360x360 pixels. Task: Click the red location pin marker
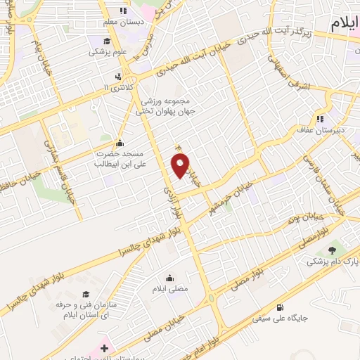click(181, 165)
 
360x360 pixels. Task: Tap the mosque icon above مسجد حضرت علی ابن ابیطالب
click(119, 143)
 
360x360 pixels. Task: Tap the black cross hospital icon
click(117, 77)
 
